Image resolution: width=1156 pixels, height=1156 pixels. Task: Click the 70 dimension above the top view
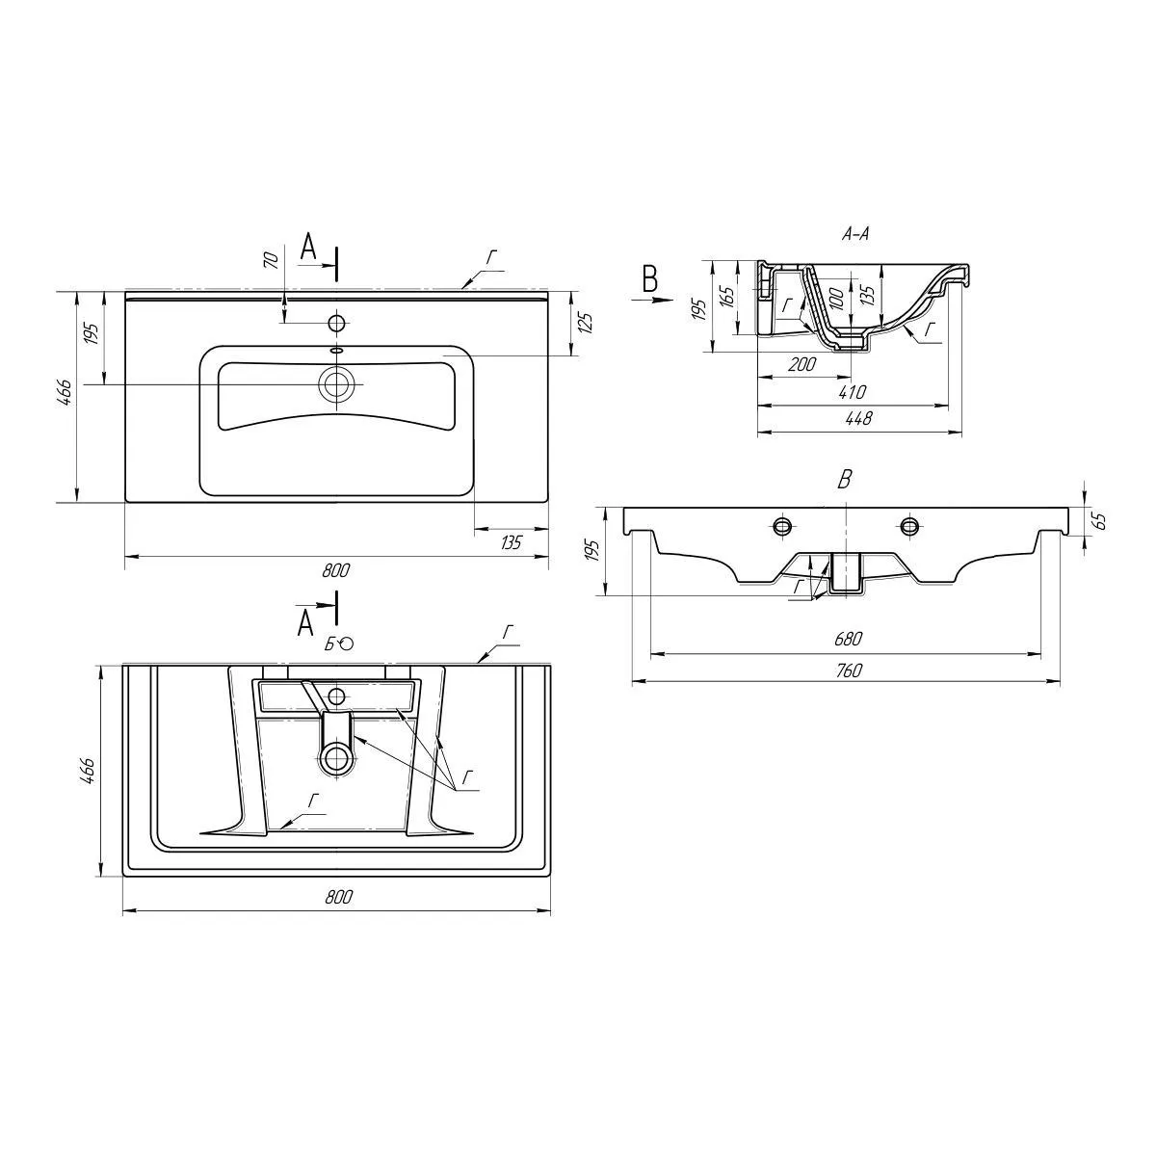(x=272, y=259)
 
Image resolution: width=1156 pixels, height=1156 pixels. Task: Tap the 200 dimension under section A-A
(x=802, y=365)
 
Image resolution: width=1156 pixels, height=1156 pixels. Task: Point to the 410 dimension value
(x=853, y=392)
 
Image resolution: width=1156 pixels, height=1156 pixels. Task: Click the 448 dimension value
(x=857, y=419)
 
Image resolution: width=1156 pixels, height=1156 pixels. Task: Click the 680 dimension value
(x=847, y=639)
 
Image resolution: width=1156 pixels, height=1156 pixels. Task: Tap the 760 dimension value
(x=847, y=671)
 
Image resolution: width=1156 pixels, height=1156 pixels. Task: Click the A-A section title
(x=855, y=234)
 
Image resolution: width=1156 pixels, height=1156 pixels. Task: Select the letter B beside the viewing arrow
(x=650, y=279)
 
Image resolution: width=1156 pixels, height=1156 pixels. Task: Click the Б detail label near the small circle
(x=329, y=644)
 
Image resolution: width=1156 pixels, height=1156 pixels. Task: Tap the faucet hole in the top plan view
(x=337, y=322)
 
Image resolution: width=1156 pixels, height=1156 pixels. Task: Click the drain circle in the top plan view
(x=337, y=384)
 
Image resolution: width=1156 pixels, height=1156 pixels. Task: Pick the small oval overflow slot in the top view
(x=337, y=349)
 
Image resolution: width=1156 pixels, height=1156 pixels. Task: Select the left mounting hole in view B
(x=782, y=525)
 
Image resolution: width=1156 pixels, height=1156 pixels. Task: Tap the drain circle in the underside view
(x=337, y=757)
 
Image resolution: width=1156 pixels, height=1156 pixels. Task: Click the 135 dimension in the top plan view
(x=511, y=543)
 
